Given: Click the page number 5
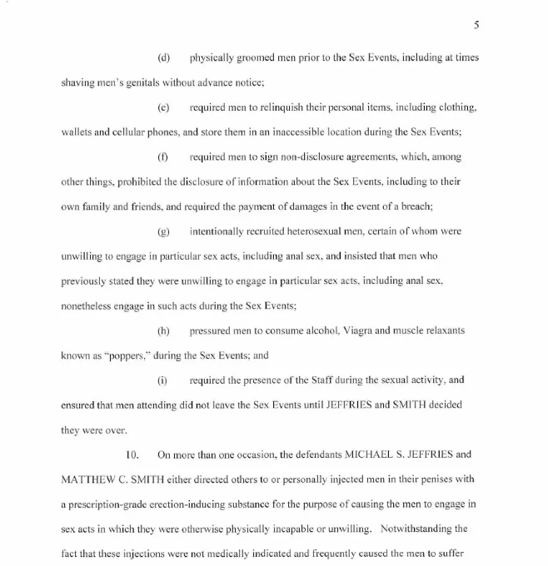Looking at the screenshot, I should [x=476, y=25].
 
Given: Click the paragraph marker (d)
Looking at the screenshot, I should [x=163, y=58].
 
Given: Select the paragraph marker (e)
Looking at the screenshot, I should [x=163, y=108].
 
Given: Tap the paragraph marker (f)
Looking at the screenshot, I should [x=162, y=157].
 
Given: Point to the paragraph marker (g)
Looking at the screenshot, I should [x=163, y=231].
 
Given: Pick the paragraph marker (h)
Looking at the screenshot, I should [x=163, y=330].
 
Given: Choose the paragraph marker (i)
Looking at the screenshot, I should [x=162, y=380].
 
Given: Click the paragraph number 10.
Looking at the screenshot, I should [x=132, y=454].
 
